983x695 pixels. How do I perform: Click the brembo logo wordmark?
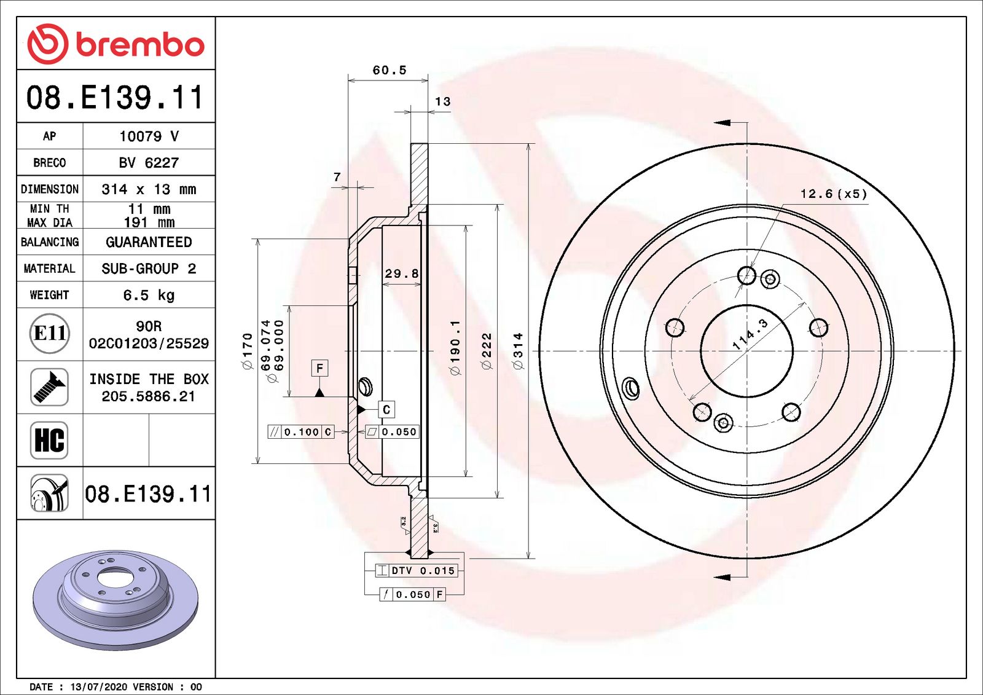pyautogui.click(x=139, y=45)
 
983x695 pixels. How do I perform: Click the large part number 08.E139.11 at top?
pyautogui.click(x=115, y=98)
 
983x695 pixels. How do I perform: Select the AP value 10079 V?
pyautogui.click(x=149, y=136)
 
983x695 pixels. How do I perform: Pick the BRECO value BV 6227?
pyautogui.click(x=149, y=163)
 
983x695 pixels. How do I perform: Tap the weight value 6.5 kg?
pyautogui.click(x=149, y=296)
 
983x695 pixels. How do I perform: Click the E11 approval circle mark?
pyautogui.click(x=49, y=334)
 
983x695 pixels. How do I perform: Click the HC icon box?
pyautogui.click(x=49, y=440)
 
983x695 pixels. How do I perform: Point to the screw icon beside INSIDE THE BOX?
pyautogui.click(x=49, y=387)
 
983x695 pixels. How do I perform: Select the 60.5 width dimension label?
pyautogui.click(x=390, y=71)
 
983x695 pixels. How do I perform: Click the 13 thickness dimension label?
pyautogui.click(x=442, y=102)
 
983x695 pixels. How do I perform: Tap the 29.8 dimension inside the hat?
pyautogui.click(x=401, y=274)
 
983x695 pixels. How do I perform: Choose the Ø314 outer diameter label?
pyautogui.click(x=519, y=351)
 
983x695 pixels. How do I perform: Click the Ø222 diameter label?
pyautogui.click(x=487, y=351)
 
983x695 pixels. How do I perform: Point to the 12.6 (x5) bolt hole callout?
pyautogui.click(x=833, y=194)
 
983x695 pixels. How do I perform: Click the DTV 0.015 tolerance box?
pyautogui.click(x=417, y=571)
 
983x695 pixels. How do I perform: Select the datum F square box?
pyautogui.click(x=319, y=368)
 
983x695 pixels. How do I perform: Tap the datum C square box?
pyautogui.click(x=386, y=410)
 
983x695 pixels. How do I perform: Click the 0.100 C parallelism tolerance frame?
pyautogui.click(x=301, y=432)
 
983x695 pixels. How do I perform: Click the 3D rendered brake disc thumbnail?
pyautogui.click(x=116, y=599)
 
